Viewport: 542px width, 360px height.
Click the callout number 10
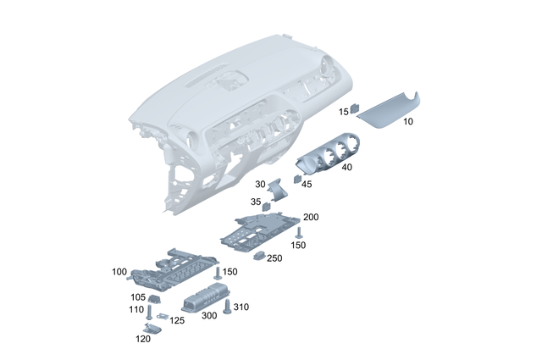tap(408, 122)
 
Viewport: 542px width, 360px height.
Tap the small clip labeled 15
tap(356, 109)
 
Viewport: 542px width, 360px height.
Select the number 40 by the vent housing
tap(346, 168)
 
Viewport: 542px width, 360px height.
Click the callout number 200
tap(311, 218)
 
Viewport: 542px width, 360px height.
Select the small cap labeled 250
tap(261, 255)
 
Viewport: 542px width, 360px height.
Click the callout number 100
tap(119, 272)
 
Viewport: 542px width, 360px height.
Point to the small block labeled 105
tap(155, 298)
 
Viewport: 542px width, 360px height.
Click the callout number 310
tap(241, 307)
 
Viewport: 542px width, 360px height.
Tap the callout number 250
tap(274, 258)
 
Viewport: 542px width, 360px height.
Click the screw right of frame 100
tap(217, 273)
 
